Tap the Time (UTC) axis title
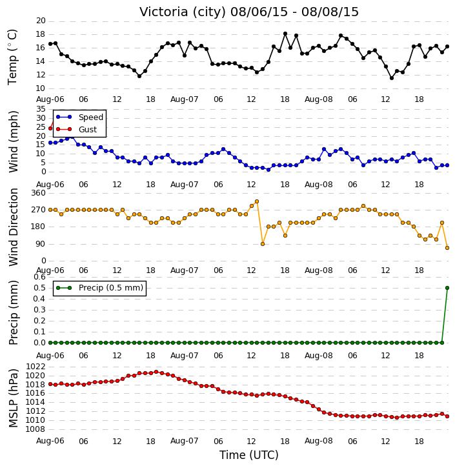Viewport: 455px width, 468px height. [249, 455]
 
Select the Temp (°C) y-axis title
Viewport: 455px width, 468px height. [12, 57]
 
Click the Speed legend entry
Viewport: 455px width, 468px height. [79, 117]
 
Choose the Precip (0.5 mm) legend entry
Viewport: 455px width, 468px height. [99, 288]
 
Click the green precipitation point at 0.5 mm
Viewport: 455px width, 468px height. [447, 288]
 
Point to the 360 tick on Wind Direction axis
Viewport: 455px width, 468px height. [39, 193]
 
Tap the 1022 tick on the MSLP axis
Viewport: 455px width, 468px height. [35, 367]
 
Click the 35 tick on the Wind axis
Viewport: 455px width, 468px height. [41, 109]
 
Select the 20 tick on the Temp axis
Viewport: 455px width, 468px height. [41, 21]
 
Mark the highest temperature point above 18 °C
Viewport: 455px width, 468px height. [285, 34]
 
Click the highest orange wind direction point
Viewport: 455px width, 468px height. [257, 201]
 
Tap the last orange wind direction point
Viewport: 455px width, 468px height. [447, 248]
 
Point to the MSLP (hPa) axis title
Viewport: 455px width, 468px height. [13, 398]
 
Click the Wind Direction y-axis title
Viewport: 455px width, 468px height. [13, 227]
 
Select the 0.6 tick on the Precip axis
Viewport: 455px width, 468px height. [39, 277]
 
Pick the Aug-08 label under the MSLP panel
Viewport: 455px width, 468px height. [318, 441]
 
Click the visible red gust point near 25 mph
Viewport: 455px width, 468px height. [50, 128]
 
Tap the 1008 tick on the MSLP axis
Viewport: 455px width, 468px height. [35, 429]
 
